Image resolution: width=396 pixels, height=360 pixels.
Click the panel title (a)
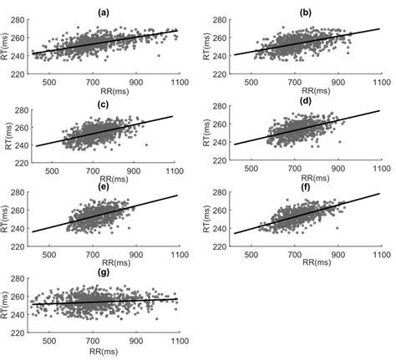[103, 13]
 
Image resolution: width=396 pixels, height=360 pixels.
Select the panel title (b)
[306, 13]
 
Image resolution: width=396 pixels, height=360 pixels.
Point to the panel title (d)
[306, 102]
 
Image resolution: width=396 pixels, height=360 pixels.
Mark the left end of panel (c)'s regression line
[35, 146]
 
